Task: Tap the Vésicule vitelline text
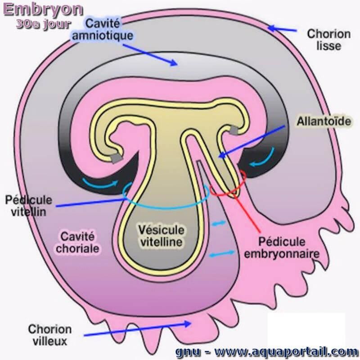pos(161,236)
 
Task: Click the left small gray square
pos(117,157)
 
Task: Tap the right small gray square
pos(234,130)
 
